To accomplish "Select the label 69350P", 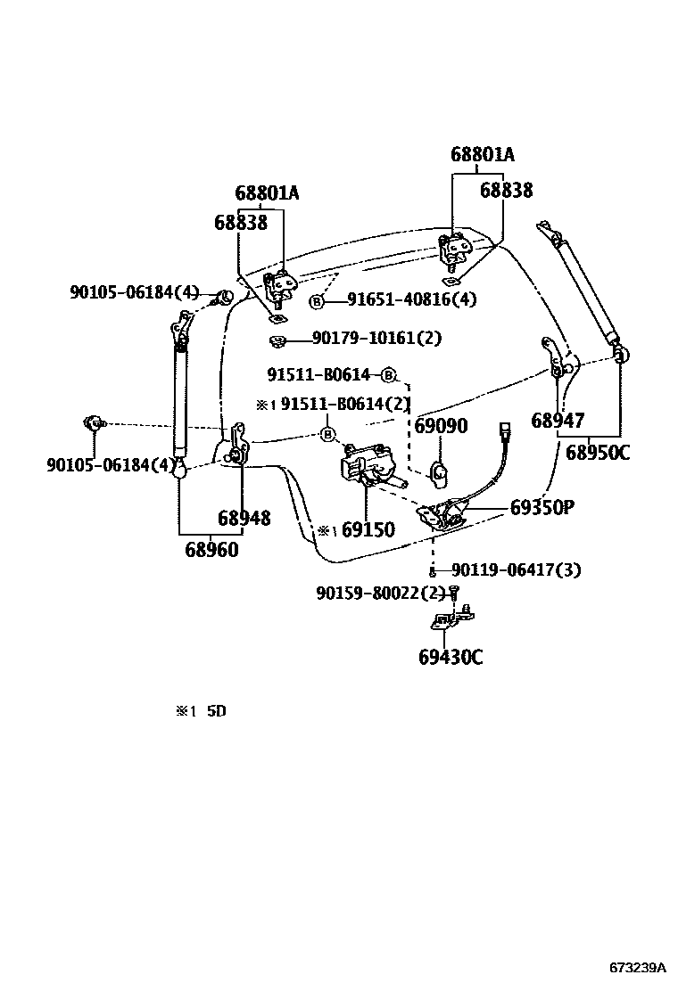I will pyautogui.click(x=542, y=507).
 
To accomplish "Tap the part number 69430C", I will pyautogui.click(x=451, y=658).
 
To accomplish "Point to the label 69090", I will pyautogui.click(x=441, y=426).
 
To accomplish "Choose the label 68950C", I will pyautogui.click(x=598, y=453).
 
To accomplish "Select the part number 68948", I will pyautogui.click(x=244, y=518).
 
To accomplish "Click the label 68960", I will pyautogui.click(x=212, y=550).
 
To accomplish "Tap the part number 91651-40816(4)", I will pyautogui.click(x=412, y=300).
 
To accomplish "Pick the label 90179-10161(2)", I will pyautogui.click(x=376, y=338).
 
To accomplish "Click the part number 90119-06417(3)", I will pyautogui.click(x=516, y=569).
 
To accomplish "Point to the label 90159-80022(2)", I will pyautogui.click(x=380, y=592).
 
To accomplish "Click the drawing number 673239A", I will pyautogui.click(x=638, y=967).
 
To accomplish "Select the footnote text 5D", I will pyautogui.click(x=217, y=711).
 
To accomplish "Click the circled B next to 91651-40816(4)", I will pyautogui.click(x=316, y=301).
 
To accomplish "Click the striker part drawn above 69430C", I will pyautogui.click(x=451, y=619).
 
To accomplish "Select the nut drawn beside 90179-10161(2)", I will pyautogui.click(x=276, y=340).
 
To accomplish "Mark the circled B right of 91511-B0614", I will pyautogui.click(x=388, y=374).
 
